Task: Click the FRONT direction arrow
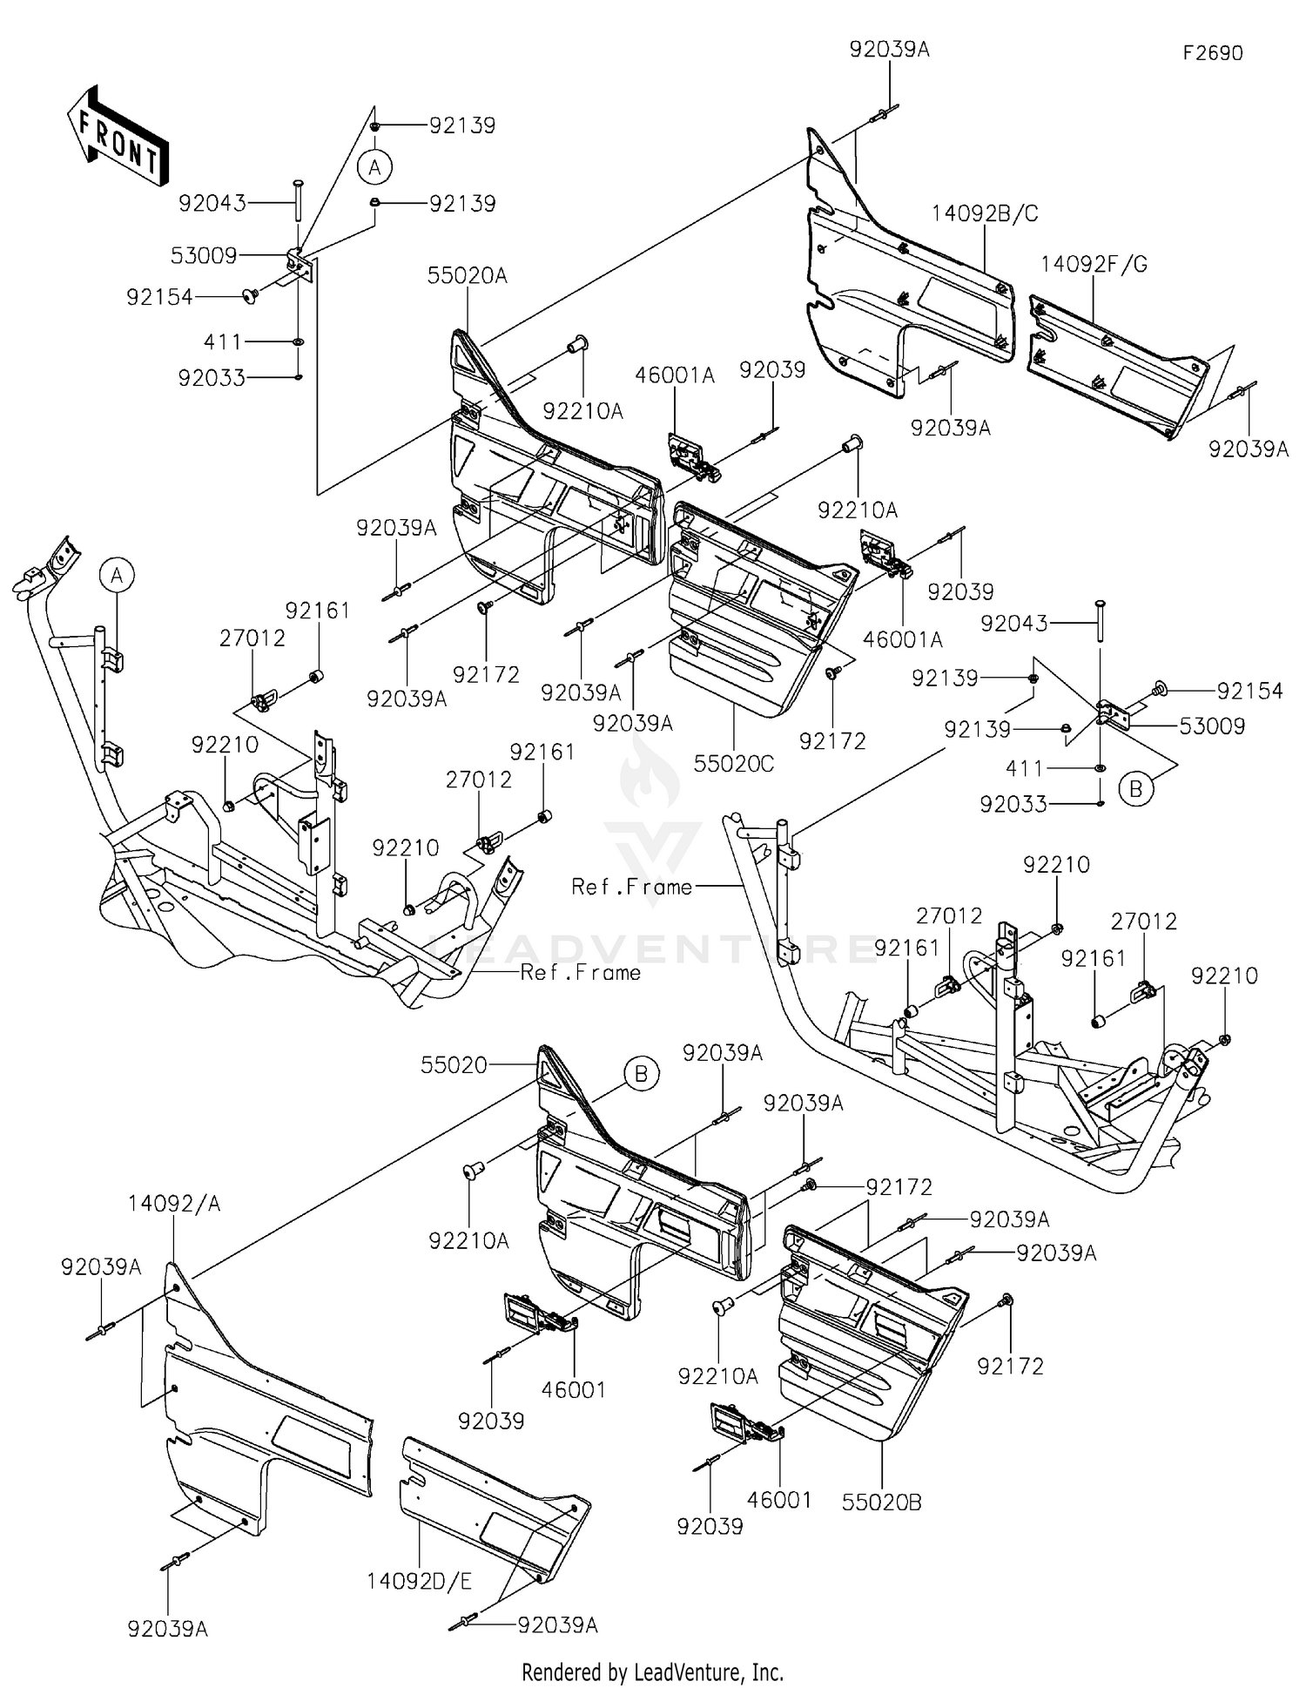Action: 118,136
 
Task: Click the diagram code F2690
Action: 1213,53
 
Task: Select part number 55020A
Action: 468,276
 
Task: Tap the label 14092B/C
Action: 985,214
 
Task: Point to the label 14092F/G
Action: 1094,265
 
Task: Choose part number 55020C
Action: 734,764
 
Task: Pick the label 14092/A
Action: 174,1204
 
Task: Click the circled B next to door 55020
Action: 642,1074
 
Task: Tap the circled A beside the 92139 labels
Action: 374,167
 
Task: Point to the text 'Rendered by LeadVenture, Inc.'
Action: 653,1672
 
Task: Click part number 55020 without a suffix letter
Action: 454,1065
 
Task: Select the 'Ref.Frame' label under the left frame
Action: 581,972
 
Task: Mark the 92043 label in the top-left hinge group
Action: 212,204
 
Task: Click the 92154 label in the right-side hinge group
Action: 1250,692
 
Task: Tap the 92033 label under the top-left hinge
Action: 212,378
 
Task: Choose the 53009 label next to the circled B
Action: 1212,726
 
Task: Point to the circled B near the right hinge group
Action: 1135,790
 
